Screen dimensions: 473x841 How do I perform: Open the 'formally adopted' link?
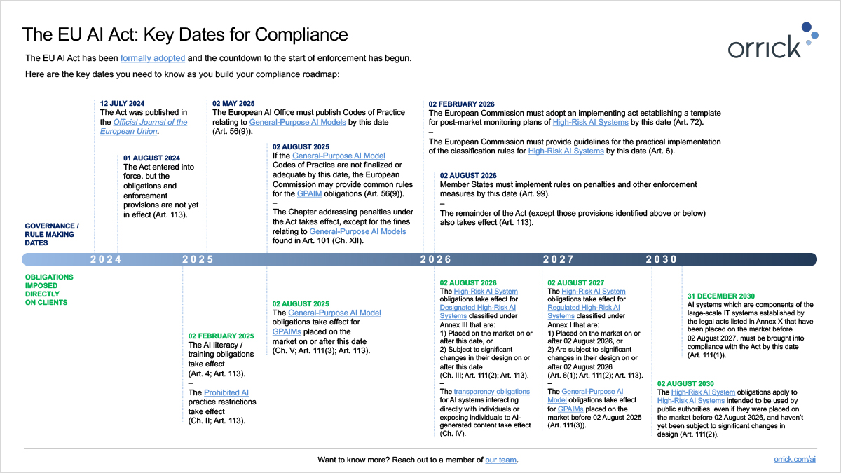(153, 57)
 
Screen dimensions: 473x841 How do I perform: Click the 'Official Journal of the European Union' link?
(144, 127)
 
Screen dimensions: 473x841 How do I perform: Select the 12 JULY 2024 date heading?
(122, 103)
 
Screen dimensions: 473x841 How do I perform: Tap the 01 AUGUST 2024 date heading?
(151, 158)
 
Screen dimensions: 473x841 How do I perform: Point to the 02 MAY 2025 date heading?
(233, 103)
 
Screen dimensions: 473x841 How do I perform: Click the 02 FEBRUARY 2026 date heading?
(461, 104)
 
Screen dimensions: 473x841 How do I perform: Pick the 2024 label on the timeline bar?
(106, 259)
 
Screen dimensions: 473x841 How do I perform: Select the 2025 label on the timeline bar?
(198, 259)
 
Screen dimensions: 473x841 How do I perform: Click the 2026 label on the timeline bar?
(436, 259)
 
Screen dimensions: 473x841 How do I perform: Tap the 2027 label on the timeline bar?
(559, 259)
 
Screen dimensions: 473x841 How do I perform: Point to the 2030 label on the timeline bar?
(662, 259)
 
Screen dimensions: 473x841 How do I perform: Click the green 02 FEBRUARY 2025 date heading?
(221, 336)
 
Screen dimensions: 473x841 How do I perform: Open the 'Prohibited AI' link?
(226, 392)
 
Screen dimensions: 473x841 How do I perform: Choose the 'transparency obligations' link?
(491, 391)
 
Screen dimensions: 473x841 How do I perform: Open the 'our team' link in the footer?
(501, 460)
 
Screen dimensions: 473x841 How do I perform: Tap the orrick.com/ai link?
(795, 460)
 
